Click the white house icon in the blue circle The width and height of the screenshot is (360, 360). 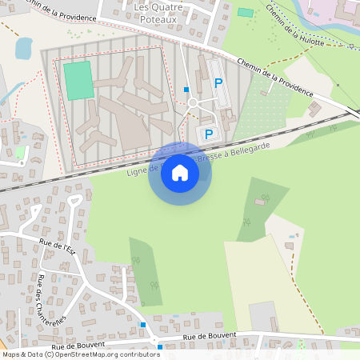180,173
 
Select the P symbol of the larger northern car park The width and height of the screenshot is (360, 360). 218,82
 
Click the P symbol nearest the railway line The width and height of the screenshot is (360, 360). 209,134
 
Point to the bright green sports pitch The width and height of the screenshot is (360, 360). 78,80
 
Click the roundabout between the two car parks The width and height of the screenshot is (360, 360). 192,102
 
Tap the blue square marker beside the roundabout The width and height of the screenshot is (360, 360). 186,90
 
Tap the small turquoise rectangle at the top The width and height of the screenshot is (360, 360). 246,13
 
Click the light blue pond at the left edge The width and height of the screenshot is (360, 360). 23,49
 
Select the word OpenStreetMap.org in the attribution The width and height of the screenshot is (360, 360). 94,354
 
